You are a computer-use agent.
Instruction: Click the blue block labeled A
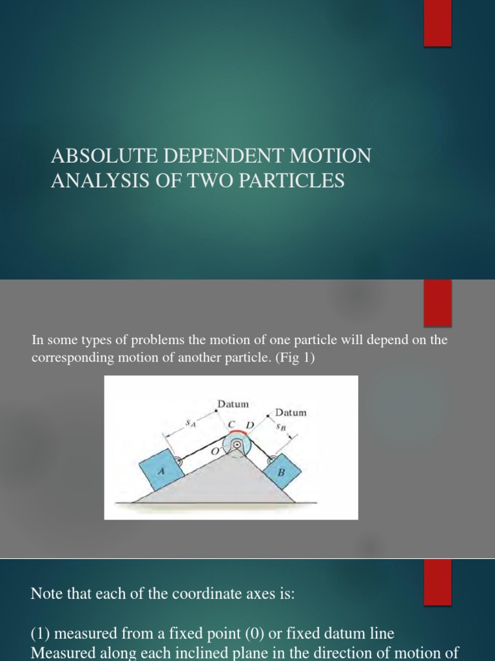159,470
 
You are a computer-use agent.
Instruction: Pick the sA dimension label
190,423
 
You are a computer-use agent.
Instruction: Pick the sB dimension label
281,427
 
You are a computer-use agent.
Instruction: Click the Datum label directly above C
233,404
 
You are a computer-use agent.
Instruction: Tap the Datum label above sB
291,412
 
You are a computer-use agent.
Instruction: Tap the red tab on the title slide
437,23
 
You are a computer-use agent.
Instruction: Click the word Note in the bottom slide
47,594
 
